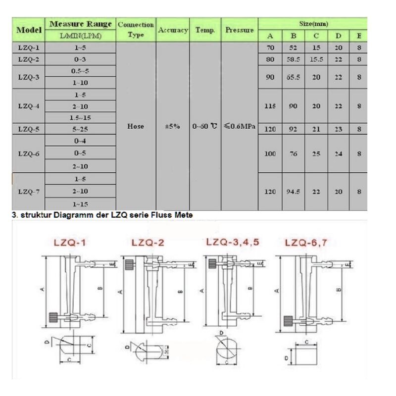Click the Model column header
tap(28, 30)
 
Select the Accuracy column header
tap(173, 30)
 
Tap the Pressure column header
tap(240, 30)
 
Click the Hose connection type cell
tap(135, 126)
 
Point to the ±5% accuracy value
tap(173, 126)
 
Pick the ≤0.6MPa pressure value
tap(240, 126)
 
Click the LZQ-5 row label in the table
tap(28, 129)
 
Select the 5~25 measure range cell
tap(80, 129)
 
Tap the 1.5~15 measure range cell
tap(80, 118)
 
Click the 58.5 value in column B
tap(294, 59)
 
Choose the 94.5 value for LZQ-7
tap(294, 192)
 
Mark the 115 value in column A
tap(270, 106)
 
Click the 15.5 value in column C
tap(317, 59)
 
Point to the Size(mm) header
tap(313, 24)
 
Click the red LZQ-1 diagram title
tap(69, 243)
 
